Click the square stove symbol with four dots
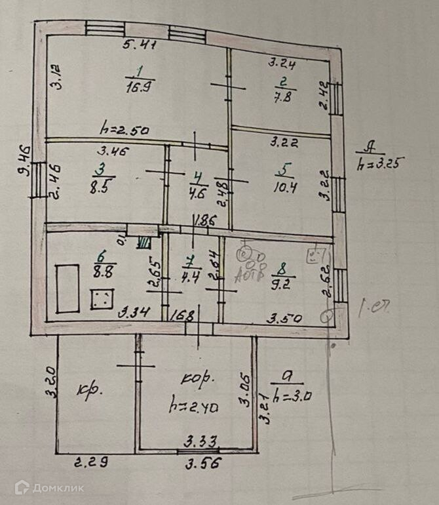point(101,301)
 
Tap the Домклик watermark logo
point(49,487)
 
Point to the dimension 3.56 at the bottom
point(202,462)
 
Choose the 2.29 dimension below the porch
point(90,462)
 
